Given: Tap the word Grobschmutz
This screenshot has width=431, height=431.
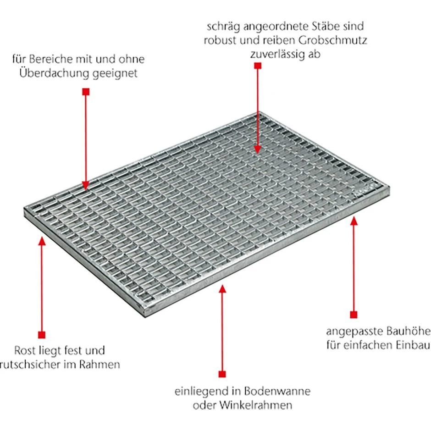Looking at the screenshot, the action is (x=332, y=40).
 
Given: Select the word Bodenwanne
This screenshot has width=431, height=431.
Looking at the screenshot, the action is (x=277, y=391).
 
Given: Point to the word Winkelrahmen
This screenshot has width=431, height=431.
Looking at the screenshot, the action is (x=256, y=405).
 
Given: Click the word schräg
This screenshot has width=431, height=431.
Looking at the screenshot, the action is (x=223, y=27).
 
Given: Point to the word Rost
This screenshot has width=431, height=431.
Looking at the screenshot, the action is (x=25, y=350).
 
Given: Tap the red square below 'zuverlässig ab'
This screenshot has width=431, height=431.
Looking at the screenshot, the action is (x=258, y=66).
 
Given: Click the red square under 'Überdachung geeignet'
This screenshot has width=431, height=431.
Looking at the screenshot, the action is (x=86, y=92).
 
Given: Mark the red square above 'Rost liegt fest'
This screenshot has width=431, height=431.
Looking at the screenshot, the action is (x=42, y=335).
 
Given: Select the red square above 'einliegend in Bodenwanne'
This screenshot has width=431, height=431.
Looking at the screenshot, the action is (x=222, y=374).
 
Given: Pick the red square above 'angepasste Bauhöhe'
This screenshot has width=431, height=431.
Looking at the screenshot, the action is (x=354, y=315).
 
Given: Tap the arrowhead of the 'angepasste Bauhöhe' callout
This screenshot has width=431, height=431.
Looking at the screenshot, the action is (x=354, y=221).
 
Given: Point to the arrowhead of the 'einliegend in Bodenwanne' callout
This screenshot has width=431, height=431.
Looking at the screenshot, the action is (x=222, y=288).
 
